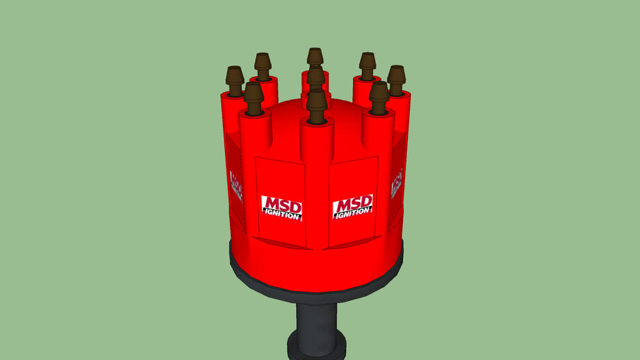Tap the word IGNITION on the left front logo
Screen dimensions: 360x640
point(282,214)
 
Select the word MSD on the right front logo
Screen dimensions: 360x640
point(353,203)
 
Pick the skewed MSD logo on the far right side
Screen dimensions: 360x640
point(397,185)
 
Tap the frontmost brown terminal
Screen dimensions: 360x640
point(316,105)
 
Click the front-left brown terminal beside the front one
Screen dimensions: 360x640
point(254,97)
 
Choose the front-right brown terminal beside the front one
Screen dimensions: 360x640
point(379,96)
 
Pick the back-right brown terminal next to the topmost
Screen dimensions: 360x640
point(367,64)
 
